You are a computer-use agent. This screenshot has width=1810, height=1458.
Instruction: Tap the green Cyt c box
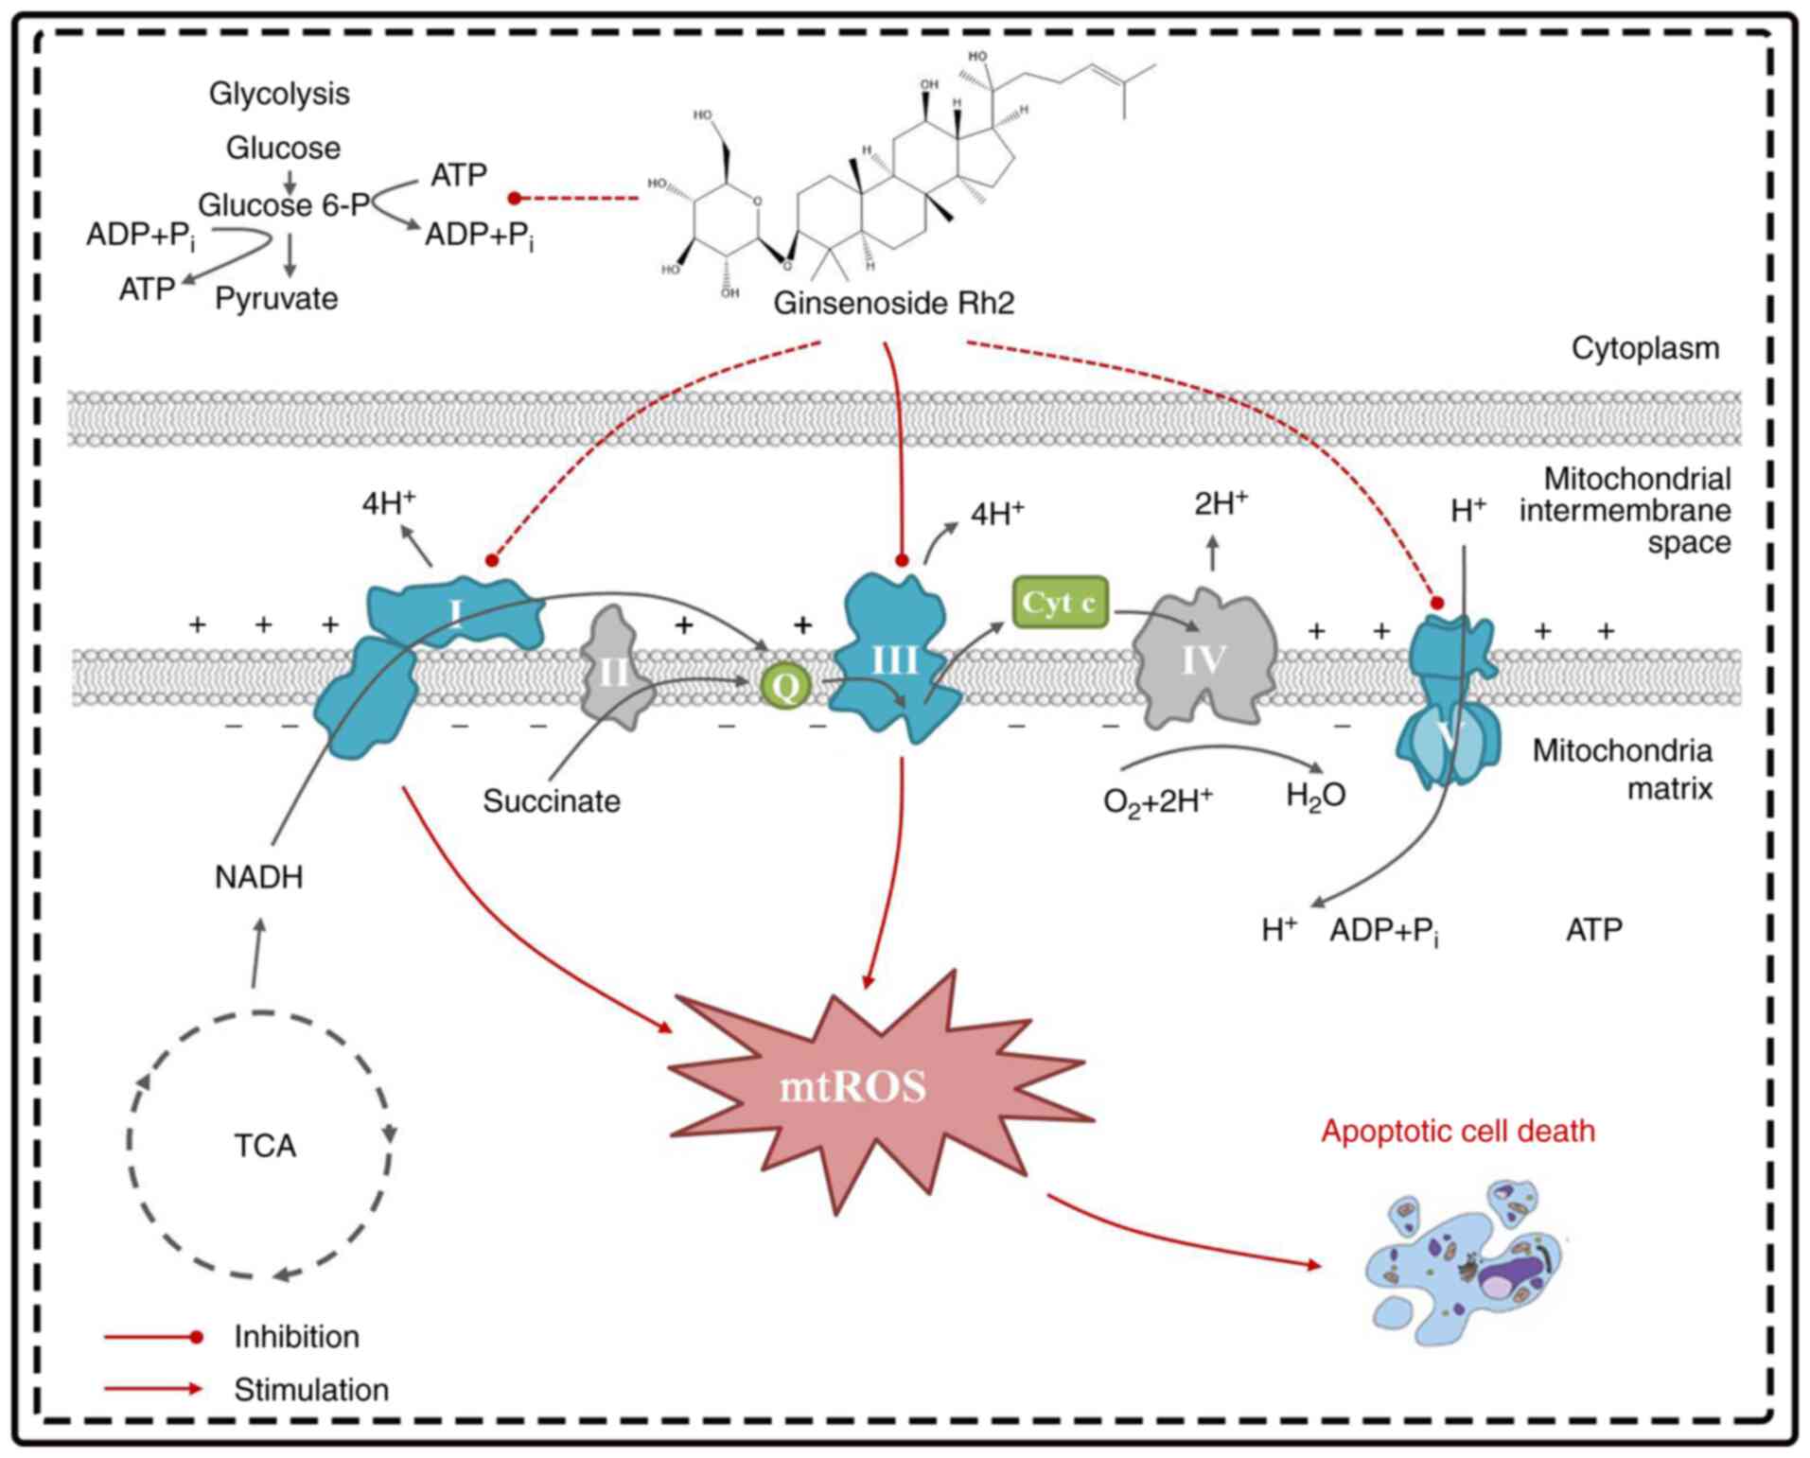pos(1060,603)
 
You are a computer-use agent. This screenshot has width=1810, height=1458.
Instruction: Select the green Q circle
pos(785,686)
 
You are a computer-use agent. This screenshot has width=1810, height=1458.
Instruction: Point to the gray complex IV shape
pos(1204,660)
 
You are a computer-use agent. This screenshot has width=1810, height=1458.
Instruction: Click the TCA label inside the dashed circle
pos(265,1146)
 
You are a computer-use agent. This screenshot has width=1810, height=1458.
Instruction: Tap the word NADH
pos(259,878)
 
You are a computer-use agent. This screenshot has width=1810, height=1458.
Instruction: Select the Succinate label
pos(552,801)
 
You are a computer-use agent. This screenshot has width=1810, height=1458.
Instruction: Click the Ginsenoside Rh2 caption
pos(893,304)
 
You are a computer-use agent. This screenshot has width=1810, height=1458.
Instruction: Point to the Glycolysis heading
pos(279,94)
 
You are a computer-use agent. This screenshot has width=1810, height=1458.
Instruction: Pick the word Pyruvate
pos(276,299)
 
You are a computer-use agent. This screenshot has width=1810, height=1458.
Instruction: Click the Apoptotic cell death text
pos(1458,1132)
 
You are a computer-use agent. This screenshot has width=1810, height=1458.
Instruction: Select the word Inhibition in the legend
pos(297,1337)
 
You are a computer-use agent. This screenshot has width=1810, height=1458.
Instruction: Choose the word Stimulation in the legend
pos(311,1390)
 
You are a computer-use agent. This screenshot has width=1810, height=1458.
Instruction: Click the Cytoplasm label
pos(1645,348)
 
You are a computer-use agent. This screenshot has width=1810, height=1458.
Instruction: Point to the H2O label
pos(1315,796)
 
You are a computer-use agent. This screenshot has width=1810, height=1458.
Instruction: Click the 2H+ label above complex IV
pos(1220,504)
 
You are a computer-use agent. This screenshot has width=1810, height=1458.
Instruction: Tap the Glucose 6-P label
pos(283,205)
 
